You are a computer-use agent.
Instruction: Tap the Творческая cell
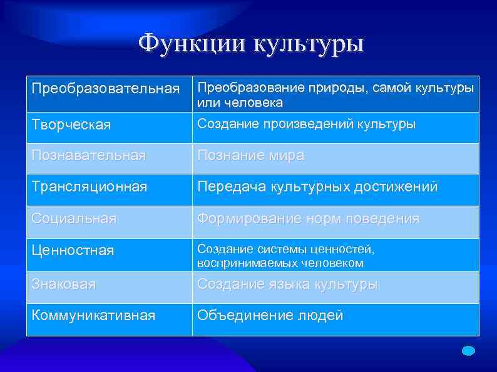71,125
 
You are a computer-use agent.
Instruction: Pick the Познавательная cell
88,156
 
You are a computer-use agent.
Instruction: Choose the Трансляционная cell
90,186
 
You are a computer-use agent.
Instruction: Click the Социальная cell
74,219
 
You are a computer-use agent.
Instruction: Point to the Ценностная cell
73,251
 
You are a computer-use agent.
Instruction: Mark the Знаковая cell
64,284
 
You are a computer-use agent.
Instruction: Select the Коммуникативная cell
93,315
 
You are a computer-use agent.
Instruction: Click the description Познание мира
250,156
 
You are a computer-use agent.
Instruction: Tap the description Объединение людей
270,315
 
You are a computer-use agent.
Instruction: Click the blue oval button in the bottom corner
469,351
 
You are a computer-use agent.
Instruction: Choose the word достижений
394,186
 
